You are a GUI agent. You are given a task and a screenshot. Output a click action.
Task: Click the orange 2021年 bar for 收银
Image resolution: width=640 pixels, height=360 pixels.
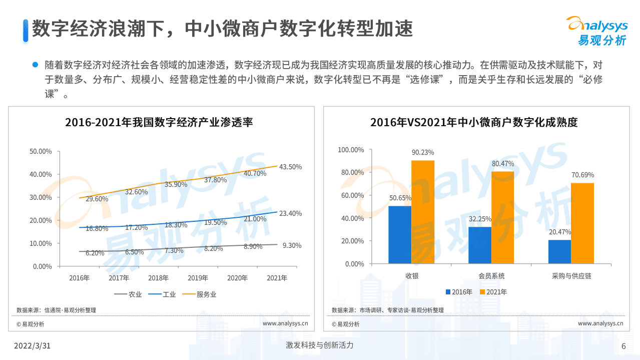(423, 212)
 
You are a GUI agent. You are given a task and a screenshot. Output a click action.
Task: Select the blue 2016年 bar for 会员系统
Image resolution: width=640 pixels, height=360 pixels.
(480, 245)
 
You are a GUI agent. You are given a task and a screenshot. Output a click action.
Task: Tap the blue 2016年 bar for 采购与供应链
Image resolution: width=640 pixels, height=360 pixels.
(559, 251)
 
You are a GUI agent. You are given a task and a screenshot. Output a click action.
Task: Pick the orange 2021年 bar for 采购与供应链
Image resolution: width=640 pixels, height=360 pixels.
(582, 223)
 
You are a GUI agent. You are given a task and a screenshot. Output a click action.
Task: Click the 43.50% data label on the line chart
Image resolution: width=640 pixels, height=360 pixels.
(291, 167)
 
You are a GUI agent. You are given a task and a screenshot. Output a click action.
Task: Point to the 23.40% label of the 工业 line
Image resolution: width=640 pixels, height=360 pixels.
(291, 213)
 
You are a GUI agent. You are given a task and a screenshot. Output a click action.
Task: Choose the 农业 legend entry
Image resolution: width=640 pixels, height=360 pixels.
(129, 294)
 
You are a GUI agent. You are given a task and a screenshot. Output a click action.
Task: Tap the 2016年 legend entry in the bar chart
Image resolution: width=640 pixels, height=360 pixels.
(459, 292)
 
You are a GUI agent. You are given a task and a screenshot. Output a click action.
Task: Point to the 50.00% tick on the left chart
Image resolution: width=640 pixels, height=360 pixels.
(41, 151)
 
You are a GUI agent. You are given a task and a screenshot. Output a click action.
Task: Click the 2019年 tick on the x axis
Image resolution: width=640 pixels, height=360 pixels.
(198, 278)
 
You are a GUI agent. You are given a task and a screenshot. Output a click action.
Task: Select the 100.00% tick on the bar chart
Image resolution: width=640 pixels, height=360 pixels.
(351, 150)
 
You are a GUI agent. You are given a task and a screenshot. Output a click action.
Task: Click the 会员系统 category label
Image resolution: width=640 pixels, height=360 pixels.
(491, 276)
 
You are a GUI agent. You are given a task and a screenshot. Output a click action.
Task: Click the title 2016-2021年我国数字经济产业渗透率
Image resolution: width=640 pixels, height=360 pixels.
(159, 122)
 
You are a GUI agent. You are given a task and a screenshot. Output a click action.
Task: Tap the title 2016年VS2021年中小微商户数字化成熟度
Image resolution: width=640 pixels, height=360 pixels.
(474, 122)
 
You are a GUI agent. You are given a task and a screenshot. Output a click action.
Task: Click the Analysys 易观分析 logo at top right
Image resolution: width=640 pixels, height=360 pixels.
(596, 31)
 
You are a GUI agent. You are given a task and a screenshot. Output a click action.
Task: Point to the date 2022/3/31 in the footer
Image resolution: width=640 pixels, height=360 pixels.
(32, 346)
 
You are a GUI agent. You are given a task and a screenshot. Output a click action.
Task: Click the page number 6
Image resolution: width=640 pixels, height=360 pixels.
(623, 346)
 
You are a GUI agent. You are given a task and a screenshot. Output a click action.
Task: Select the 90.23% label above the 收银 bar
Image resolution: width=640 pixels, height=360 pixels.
(423, 152)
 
